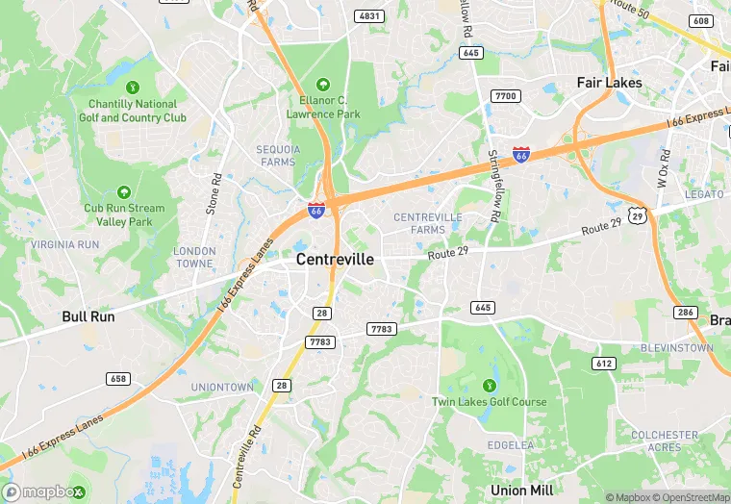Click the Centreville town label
point(335,260)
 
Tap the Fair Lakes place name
point(609,84)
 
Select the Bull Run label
point(88,316)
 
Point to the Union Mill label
point(521,490)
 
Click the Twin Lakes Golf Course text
point(489,402)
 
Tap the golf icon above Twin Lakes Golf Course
point(487,386)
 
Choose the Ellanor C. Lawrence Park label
point(322,106)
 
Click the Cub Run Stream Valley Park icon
point(122,193)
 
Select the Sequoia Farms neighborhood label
point(278,156)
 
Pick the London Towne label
point(194,257)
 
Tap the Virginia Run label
point(64,244)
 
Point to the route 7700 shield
point(504,96)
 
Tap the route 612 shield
point(604,364)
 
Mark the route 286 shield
point(686,313)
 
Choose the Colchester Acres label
point(665,441)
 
